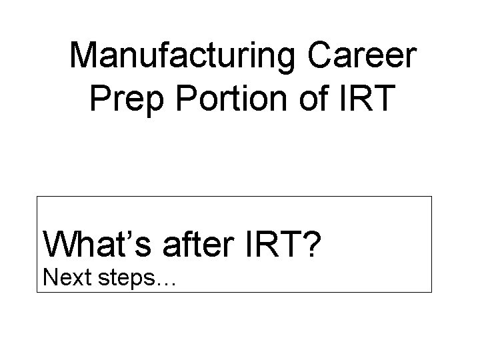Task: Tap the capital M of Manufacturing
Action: click(84, 56)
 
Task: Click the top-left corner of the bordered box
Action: click(37, 197)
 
